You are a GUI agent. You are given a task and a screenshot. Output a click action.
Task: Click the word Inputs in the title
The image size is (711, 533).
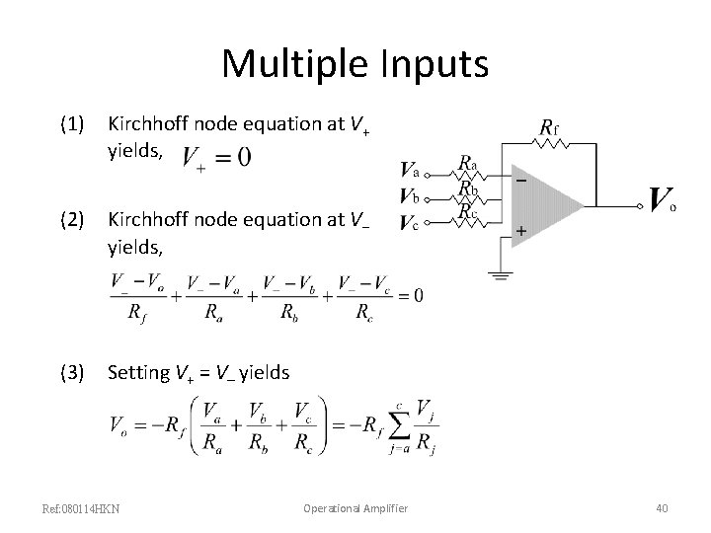coord(433,65)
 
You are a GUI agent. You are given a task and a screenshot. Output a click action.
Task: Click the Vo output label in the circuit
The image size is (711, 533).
coord(662,200)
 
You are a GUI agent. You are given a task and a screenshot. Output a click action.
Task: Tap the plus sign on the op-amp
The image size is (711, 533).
coord(521,230)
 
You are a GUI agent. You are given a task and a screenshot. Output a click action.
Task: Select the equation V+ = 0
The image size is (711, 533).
coord(217,157)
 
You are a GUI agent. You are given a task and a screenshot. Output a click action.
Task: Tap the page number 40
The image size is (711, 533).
coord(662,508)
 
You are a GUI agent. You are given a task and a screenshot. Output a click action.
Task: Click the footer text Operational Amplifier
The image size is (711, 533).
coord(355,508)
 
